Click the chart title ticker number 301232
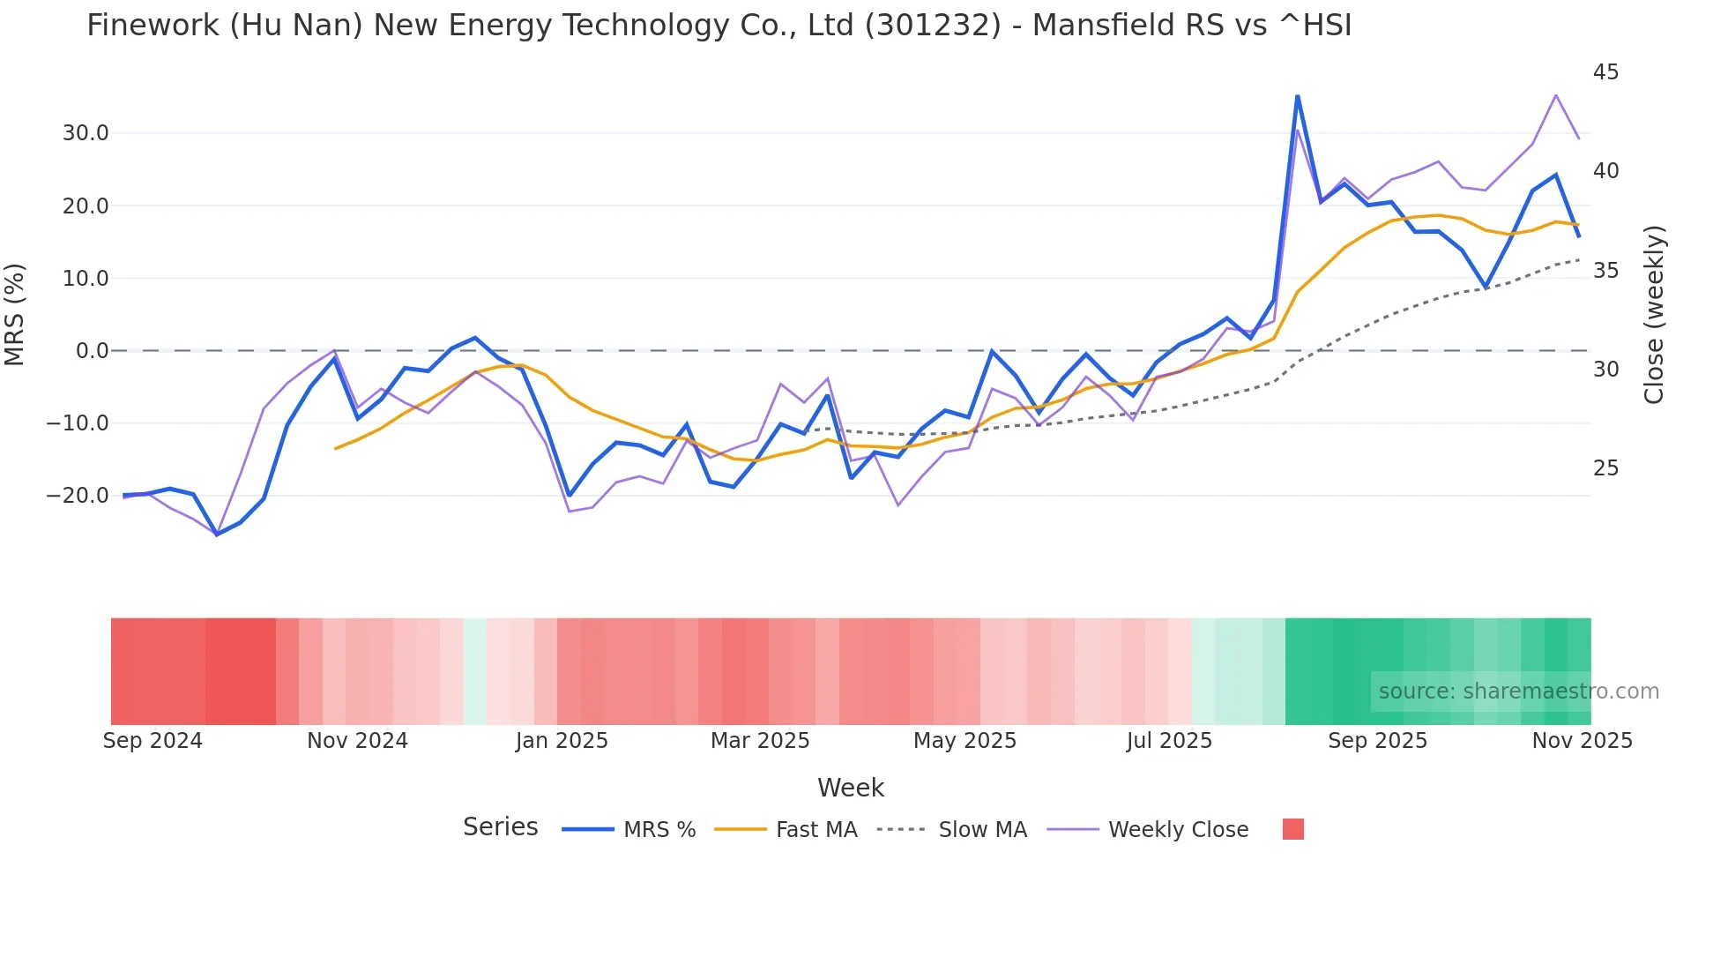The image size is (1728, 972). tap(933, 26)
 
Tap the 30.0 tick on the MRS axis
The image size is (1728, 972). tap(85, 133)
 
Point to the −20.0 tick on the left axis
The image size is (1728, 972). tap(78, 496)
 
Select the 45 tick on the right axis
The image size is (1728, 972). tap(1605, 72)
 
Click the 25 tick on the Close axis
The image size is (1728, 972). tap(1605, 468)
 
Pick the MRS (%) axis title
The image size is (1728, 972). tap(15, 314)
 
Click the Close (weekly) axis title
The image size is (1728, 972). tap(1654, 315)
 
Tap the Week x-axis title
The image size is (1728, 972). tap(850, 788)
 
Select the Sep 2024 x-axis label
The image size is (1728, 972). tap(153, 741)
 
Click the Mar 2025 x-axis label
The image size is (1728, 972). tap(760, 741)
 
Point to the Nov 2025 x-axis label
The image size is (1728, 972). tap(1582, 741)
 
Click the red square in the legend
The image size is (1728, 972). tap(1292, 829)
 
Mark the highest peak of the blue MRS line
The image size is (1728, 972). tap(1297, 96)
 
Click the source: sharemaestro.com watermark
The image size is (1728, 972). tap(1518, 692)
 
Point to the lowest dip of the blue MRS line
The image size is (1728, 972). tap(217, 535)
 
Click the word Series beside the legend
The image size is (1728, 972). tap(500, 827)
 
